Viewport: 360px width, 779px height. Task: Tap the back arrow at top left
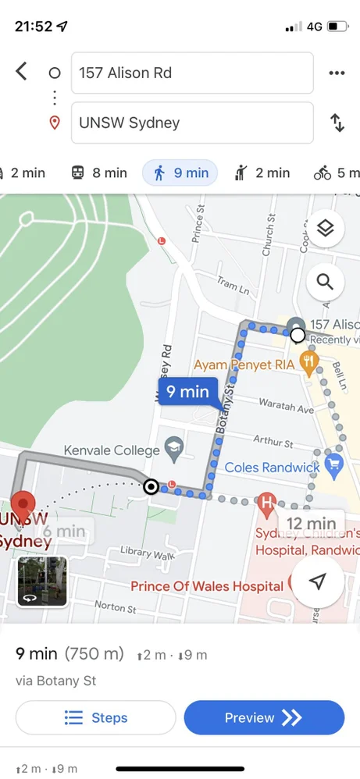click(21, 72)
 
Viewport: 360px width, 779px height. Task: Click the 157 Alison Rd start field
click(192, 73)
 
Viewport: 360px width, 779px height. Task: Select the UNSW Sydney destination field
click(192, 123)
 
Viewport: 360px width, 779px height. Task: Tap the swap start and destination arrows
click(337, 123)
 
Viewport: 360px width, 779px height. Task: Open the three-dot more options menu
click(337, 73)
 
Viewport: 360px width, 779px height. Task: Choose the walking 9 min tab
click(180, 173)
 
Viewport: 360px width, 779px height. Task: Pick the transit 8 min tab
click(98, 173)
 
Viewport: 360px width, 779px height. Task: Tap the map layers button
click(326, 228)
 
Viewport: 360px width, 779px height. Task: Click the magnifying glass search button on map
click(326, 282)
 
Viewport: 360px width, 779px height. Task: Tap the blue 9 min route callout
click(187, 391)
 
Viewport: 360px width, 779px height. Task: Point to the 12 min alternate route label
click(310, 523)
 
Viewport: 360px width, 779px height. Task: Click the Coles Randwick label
click(273, 468)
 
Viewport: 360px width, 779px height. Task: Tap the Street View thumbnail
click(42, 582)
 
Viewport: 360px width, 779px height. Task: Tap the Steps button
click(95, 717)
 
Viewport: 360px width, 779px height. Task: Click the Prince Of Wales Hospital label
click(207, 586)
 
